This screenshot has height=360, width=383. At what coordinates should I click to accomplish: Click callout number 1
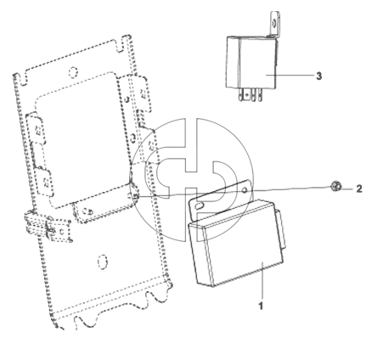261,306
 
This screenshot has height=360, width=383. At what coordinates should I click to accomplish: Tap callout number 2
359,188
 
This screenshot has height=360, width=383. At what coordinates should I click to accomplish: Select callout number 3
318,76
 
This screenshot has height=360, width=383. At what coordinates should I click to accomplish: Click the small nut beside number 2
336,187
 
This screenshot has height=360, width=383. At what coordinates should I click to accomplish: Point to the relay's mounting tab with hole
274,24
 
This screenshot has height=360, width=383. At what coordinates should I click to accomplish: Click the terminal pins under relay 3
251,94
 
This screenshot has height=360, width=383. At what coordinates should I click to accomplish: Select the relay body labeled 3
251,62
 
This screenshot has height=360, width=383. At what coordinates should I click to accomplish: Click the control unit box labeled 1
236,244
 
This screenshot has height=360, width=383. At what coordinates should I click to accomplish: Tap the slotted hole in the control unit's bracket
200,206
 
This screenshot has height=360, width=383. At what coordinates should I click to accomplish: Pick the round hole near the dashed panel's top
73,71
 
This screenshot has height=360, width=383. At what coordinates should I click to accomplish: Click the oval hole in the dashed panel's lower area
102,261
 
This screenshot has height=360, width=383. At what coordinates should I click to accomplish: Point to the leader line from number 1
262,280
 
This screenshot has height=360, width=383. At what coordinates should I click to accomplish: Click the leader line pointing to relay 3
290,76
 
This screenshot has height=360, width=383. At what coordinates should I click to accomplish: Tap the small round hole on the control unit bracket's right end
245,192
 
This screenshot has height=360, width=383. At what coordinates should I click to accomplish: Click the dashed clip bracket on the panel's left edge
48,228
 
